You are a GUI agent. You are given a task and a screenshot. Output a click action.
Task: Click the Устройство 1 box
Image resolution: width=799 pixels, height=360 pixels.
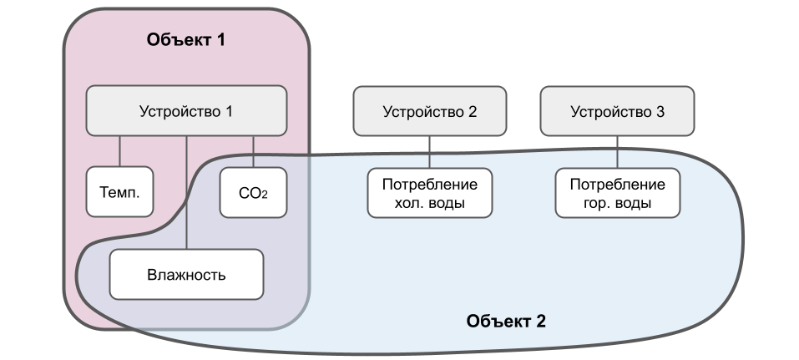[186, 111]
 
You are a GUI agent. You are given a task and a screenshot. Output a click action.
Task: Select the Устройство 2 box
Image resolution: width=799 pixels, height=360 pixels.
[429, 111]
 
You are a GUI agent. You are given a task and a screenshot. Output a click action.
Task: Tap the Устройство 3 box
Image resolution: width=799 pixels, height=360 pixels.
[617, 111]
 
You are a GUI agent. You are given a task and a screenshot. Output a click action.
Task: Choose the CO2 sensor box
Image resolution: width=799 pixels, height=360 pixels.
[253, 192]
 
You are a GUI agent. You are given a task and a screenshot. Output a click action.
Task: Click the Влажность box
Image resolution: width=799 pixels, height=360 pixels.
[186, 274]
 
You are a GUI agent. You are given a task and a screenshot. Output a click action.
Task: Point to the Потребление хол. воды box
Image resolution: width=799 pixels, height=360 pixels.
[429, 193]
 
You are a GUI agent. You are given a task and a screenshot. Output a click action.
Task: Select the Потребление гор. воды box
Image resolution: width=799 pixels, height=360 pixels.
[617, 193]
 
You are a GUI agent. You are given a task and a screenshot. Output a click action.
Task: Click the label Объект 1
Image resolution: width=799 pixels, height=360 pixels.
[186, 38]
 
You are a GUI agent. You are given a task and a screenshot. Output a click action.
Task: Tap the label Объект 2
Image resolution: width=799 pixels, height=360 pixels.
[506, 321]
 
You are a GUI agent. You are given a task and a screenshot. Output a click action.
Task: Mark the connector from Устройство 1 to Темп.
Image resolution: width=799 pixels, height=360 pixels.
[120, 150]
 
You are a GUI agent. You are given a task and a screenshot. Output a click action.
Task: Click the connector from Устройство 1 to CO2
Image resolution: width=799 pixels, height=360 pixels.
[253, 150]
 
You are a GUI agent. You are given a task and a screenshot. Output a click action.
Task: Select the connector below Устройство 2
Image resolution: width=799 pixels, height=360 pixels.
[429, 151]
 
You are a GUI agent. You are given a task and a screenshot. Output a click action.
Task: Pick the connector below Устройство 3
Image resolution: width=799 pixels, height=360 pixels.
[617, 151]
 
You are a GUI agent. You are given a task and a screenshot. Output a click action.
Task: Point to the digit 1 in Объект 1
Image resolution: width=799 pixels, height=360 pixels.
[221, 38]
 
